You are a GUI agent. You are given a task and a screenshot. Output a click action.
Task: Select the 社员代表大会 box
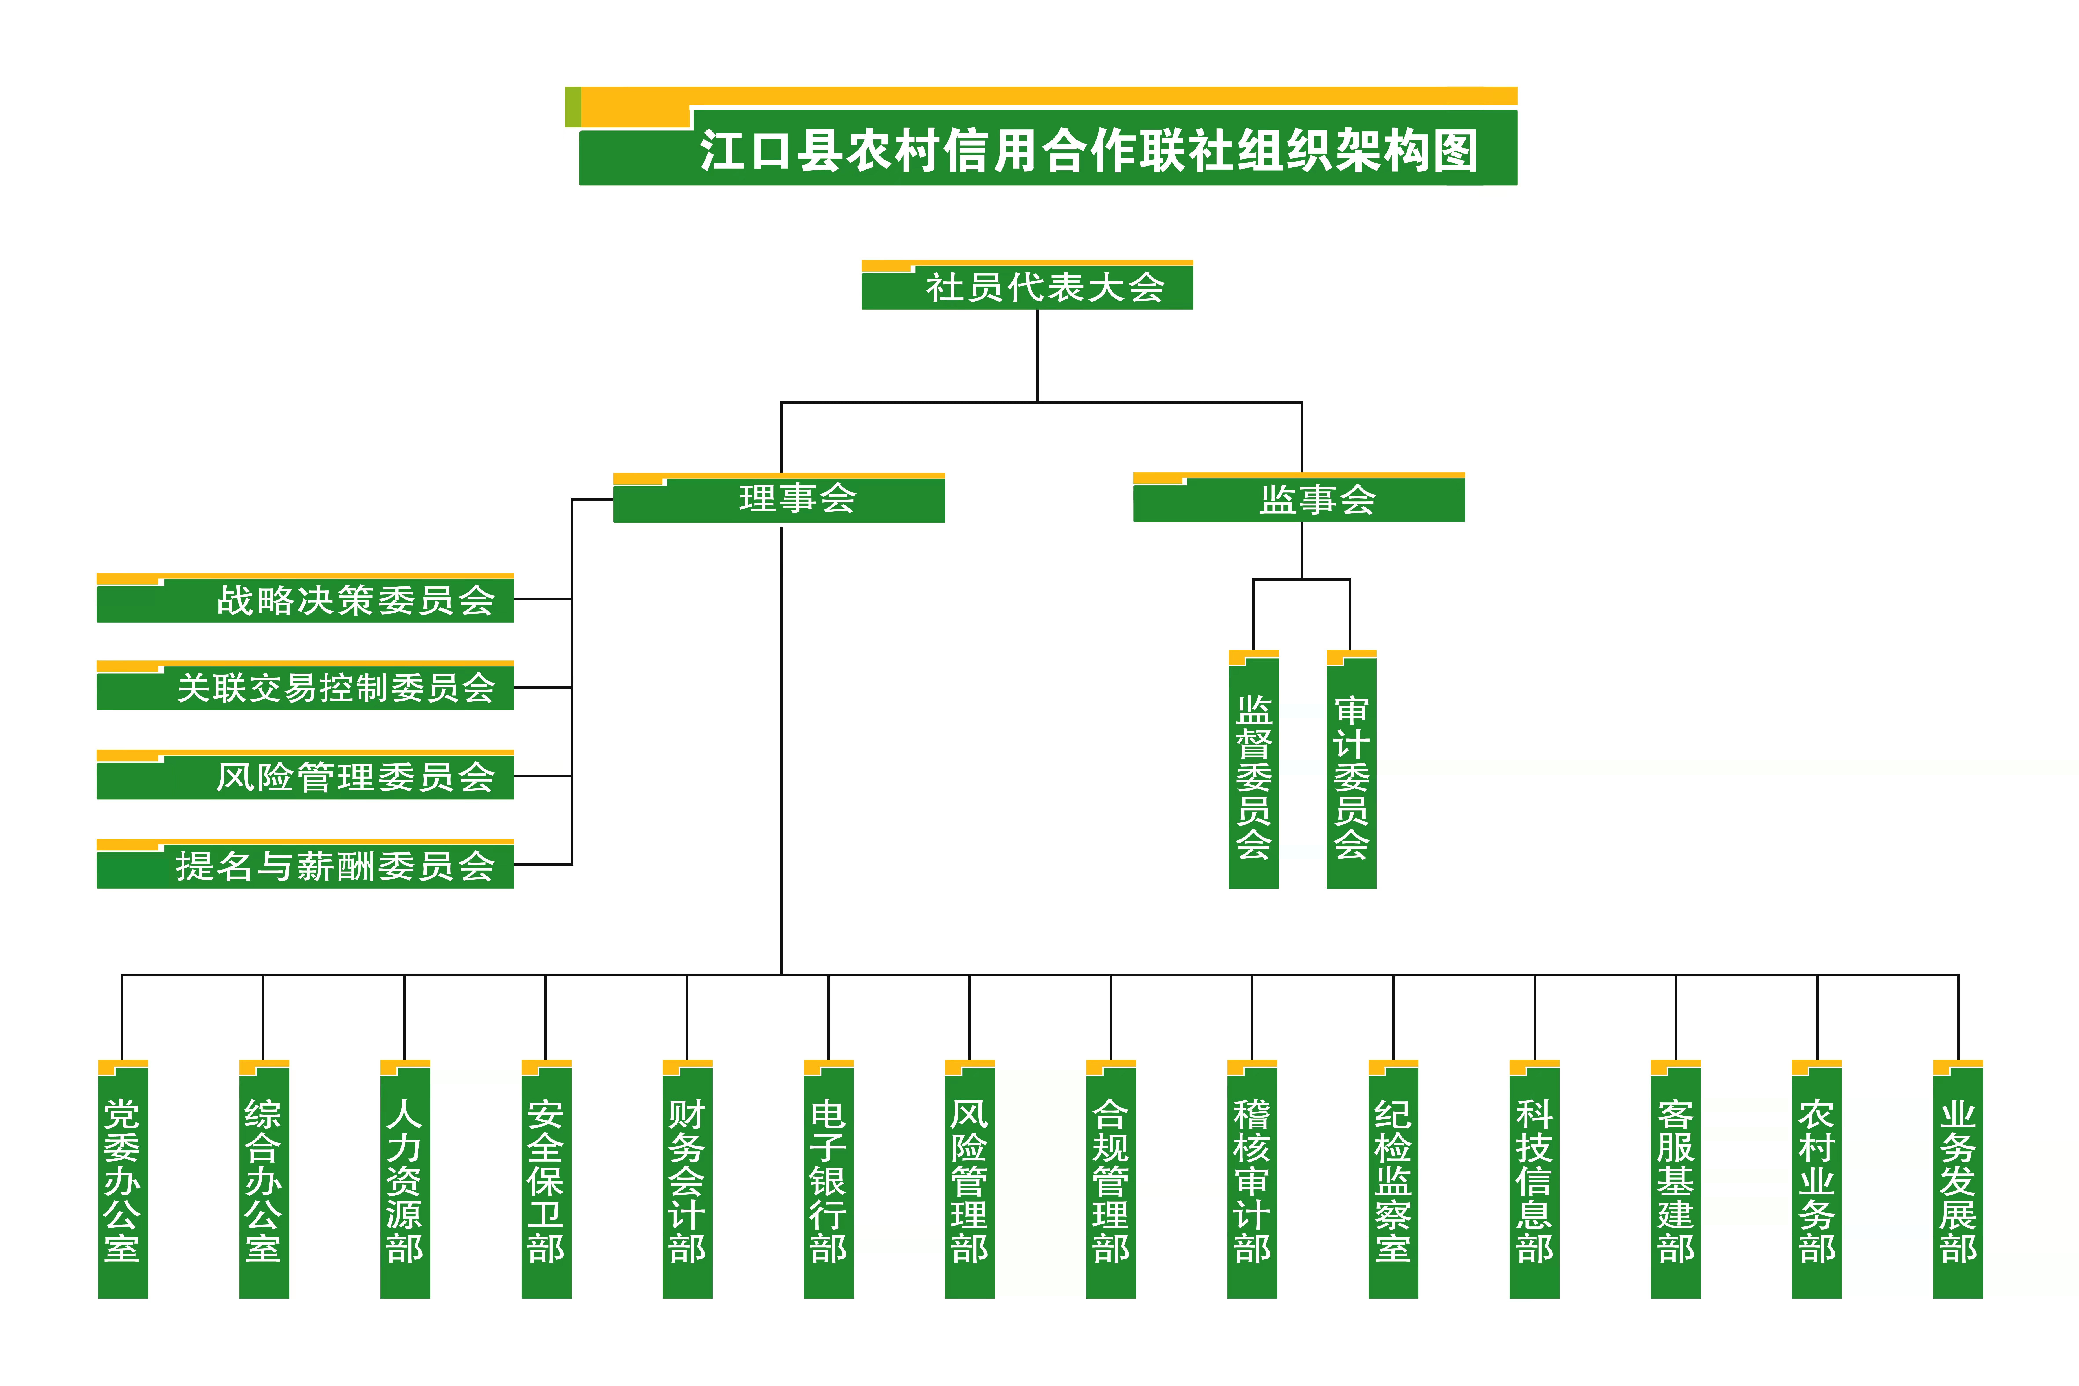1027,285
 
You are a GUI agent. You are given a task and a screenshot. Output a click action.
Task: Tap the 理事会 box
779,498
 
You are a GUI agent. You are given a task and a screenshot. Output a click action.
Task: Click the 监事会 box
1299,498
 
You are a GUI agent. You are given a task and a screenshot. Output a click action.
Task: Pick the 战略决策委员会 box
305,598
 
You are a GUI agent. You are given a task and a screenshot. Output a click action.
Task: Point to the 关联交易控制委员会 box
305,686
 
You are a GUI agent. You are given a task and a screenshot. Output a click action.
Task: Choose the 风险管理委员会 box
305,775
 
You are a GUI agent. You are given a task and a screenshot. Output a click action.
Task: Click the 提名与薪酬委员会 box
305,864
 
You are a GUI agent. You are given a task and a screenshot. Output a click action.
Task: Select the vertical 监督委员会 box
1253,769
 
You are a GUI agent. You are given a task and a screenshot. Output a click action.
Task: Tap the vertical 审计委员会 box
1352,769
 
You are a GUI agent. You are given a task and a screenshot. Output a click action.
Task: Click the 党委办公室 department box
123,1179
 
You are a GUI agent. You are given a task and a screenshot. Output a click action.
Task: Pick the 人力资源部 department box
405,1179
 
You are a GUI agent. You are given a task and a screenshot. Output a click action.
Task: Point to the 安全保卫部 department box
546,1179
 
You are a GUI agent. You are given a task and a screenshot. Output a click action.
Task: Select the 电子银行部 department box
828,1179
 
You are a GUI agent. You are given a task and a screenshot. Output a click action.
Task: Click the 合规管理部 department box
1111,1179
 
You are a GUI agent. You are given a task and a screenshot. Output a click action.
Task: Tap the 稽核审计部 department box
1252,1179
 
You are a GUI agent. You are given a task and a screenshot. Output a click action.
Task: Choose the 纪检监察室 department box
1393,1179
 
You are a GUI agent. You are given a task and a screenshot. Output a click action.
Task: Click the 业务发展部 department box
1958,1179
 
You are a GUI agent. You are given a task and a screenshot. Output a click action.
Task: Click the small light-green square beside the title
573,107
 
